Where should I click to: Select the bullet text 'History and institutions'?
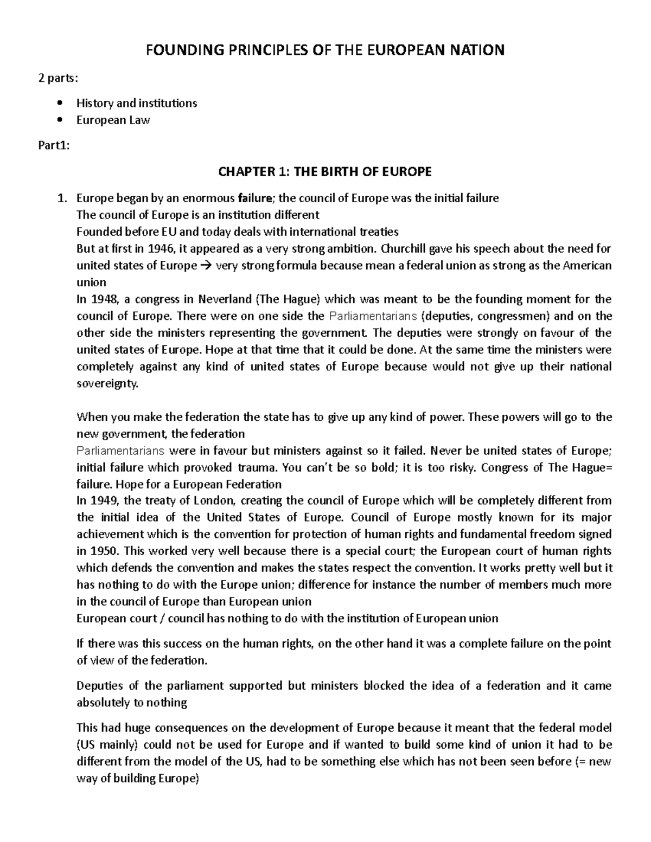(137, 103)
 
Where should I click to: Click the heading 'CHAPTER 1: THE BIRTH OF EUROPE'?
(324, 172)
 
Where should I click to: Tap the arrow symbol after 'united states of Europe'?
(206, 266)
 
